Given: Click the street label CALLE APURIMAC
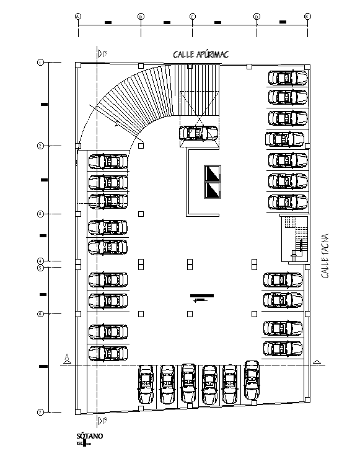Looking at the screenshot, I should point(200,55).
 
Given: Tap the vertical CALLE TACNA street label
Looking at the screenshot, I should point(325,256).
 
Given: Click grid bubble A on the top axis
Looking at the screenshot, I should point(78,16).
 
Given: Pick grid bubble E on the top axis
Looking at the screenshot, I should point(307,16).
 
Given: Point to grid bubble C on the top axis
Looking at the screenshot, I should point(193,16).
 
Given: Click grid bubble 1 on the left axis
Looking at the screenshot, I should point(40,63).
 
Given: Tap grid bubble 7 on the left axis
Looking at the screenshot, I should point(40,412).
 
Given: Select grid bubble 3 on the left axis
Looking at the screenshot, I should point(40,214).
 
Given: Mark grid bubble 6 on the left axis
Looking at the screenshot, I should point(40,314).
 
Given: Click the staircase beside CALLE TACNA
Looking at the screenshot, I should point(294,238).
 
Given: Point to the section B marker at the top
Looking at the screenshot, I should point(100,54).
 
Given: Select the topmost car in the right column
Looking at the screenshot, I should point(287,78).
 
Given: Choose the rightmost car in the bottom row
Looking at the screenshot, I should point(251,380).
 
